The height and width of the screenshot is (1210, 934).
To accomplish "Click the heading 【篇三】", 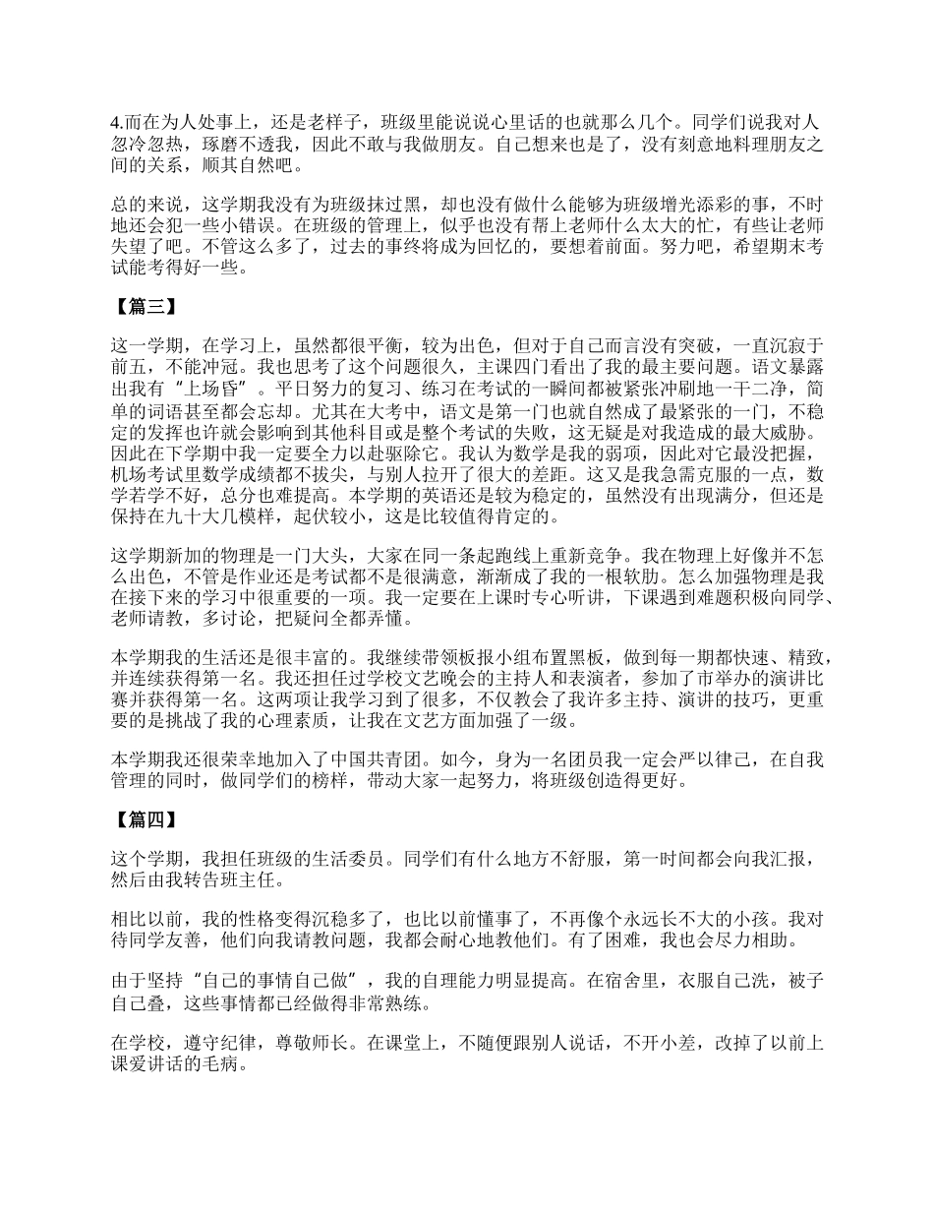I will point(143,305).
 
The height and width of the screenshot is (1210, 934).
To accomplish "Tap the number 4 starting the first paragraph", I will point(115,123).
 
